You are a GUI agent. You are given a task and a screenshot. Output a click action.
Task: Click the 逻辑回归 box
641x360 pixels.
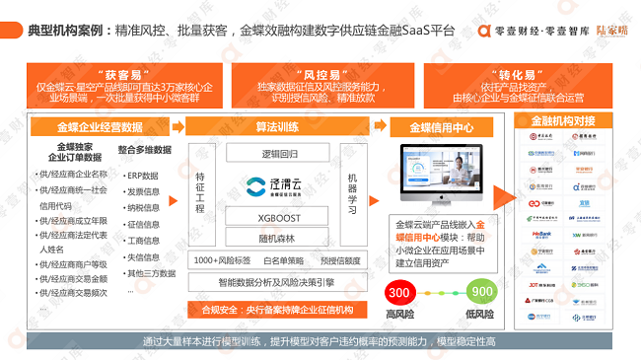[278, 154]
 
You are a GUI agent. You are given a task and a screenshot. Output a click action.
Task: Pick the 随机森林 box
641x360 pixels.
[278, 236]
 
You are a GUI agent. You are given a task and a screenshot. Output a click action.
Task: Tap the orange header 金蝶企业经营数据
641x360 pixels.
[98, 127]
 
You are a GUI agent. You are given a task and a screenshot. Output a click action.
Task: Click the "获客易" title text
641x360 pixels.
[124, 74]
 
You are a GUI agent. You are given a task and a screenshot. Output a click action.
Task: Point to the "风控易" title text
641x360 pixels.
[295, 74]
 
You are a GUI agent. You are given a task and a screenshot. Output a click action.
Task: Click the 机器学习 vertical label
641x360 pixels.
[353, 187]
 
